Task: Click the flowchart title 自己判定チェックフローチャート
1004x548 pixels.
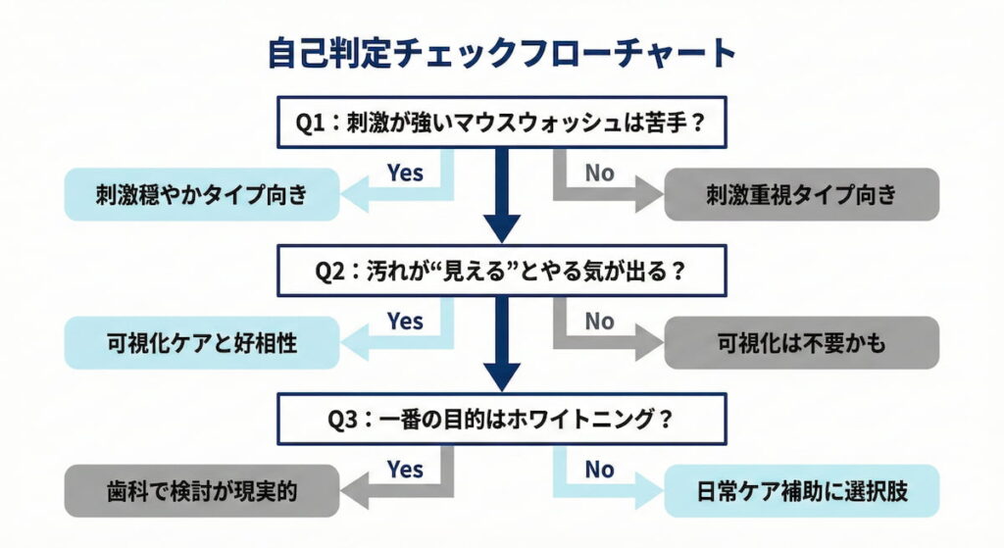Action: point(501,53)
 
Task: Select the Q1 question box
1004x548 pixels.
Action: point(501,123)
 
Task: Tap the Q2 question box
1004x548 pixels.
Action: point(501,271)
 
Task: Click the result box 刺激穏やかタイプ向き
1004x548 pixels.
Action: point(202,194)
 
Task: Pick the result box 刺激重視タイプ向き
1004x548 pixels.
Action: point(801,194)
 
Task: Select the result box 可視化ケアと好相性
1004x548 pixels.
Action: point(202,343)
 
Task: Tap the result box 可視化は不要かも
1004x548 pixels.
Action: point(801,343)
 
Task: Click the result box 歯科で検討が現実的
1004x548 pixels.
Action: point(202,490)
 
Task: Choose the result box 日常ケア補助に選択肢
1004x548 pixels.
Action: point(801,490)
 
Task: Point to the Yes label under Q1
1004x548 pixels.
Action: point(404,174)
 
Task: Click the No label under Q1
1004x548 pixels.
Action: point(599,174)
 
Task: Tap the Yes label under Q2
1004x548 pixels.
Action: point(404,322)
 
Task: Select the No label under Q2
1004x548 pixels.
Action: point(599,322)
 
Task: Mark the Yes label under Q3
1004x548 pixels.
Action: point(404,470)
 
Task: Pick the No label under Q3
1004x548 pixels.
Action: point(599,470)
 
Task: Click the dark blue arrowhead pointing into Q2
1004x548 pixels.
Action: point(502,229)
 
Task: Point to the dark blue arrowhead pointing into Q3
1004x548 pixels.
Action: point(502,377)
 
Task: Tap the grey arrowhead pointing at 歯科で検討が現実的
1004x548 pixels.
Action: point(355,490)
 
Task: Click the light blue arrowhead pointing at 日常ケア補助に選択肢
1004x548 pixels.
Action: point(649,490)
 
